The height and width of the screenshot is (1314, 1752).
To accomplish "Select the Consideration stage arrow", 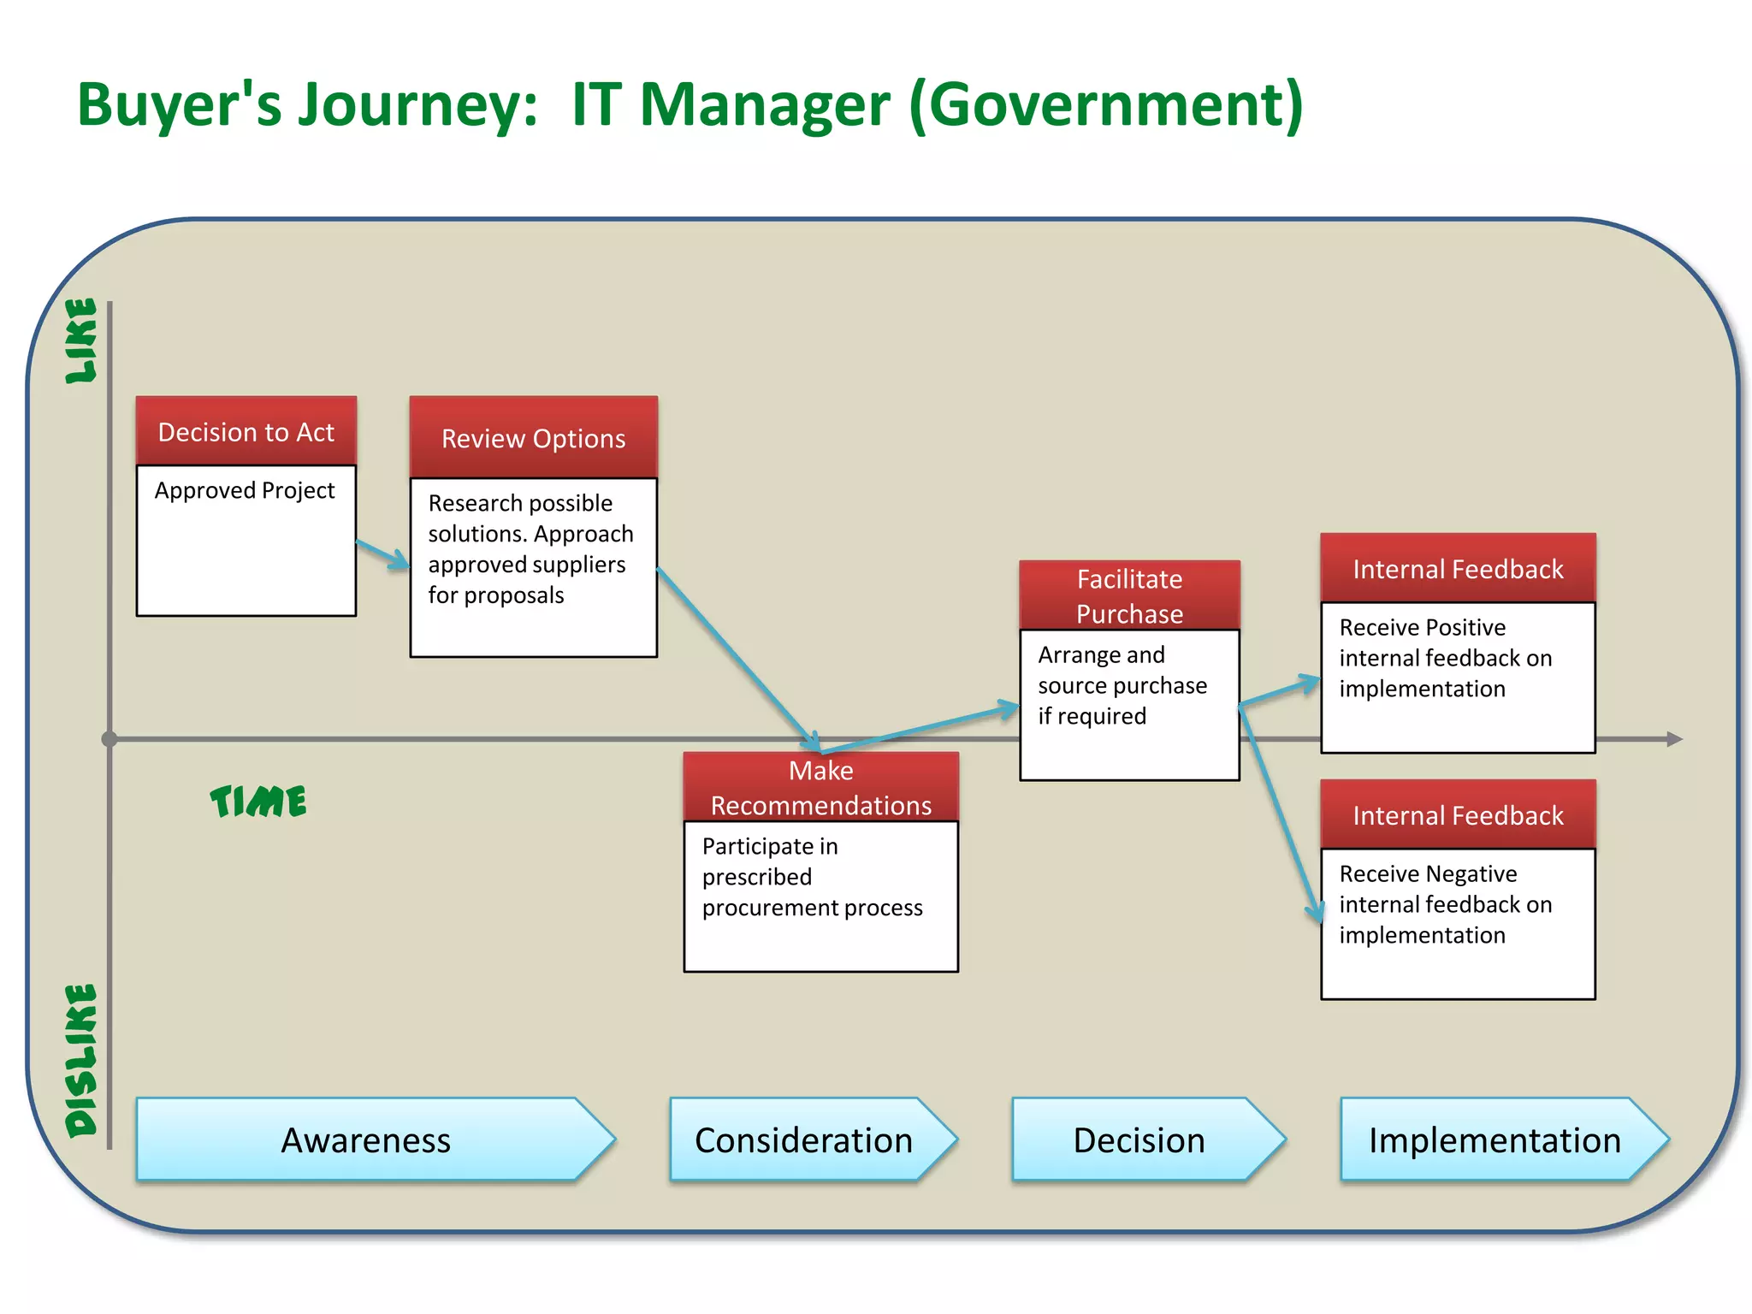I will point(804,1140).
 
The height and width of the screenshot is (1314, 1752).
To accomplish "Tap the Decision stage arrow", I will point(1139,1140).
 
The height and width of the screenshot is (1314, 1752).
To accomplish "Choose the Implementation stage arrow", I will point(1495,1140).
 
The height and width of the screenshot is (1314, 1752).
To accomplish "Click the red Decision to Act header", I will point(246,431).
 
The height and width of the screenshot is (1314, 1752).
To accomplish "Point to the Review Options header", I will point(534,438).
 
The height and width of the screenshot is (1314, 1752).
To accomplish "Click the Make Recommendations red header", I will point(821,787).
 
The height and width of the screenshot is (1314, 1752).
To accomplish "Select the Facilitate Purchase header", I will point(1129,596).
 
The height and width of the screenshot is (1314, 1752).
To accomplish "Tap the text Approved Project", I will point(245,490).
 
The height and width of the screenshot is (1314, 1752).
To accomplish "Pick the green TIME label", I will point(258,802).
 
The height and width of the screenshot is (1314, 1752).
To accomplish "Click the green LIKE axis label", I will point(82,340).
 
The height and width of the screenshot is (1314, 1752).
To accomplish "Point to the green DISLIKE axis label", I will point(82,1061).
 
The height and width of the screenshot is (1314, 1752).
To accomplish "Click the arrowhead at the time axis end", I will point(1674,738).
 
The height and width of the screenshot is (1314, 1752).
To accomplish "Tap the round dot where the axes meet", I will point(109,738).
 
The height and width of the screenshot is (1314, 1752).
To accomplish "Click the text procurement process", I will point(812,908).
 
